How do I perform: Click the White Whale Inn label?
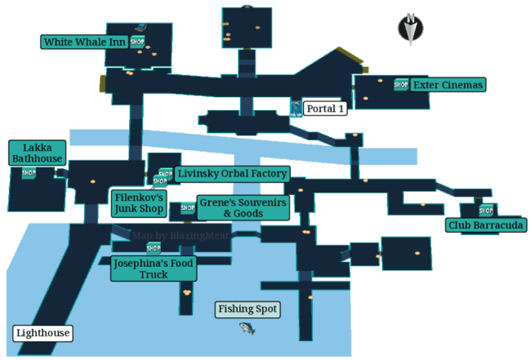click(x=84, y=42)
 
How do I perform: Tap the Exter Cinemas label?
click(x=448, y=85)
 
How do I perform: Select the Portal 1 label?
click(x=325, y=108)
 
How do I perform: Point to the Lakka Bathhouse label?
click(x=37, y=153)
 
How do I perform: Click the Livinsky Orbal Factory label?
click(x=231, y=174)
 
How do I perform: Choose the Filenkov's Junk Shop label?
click(x=139, y=203)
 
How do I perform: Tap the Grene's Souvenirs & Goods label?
click(x=243, y=207)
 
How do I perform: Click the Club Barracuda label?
click(x=485, y=225)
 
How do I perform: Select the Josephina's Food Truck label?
click(x=153, y=269)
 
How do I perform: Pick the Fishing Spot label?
click(x=248, y=309)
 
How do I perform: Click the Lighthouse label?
click(x=42, y=333)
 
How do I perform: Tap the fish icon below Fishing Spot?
click(x=248, y=328)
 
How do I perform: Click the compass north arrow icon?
click(x=410, y=28)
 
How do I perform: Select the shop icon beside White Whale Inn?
click(x=137, y=42)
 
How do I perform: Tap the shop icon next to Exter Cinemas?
click(x=400, y=85)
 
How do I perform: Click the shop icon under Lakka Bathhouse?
click(x=29, y=172)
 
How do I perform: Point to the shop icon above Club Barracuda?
click(x=486, y=210)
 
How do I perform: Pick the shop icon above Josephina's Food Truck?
click(x=154, y=247)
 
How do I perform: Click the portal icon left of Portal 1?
click(x=295, y=108)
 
